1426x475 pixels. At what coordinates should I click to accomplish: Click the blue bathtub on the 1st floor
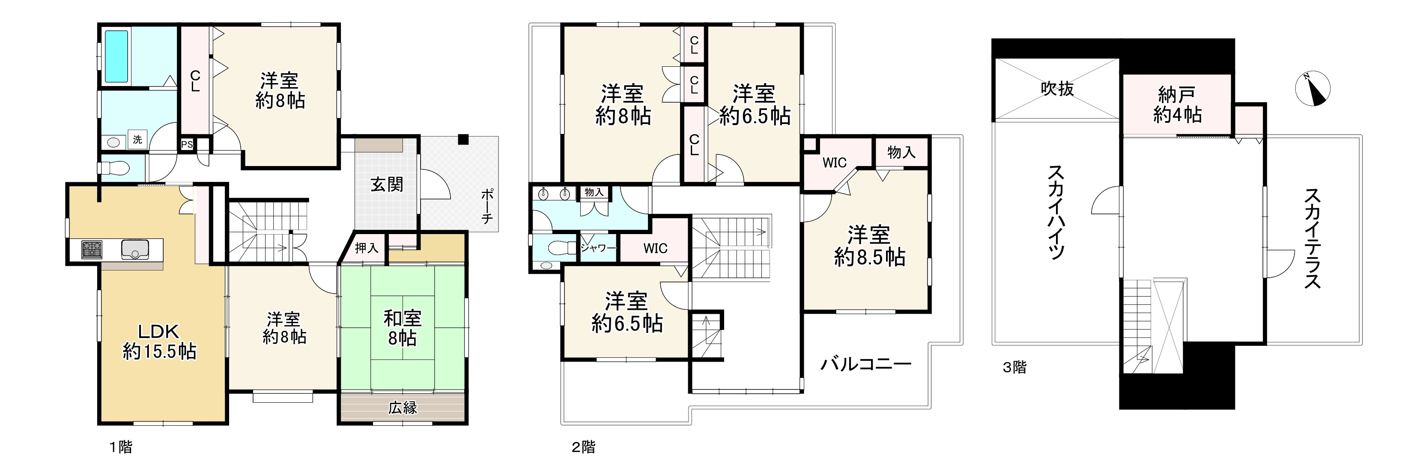point(116,56)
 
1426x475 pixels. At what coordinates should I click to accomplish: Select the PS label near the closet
point(187,145)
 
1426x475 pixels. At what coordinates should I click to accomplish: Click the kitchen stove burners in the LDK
point(92,249)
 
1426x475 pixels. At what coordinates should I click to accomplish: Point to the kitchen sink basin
point(134,249)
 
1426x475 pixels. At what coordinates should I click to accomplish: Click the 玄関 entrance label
point(386,184)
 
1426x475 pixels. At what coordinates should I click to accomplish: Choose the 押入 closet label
point(367,248)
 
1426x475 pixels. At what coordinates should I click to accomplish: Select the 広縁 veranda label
point(403,407)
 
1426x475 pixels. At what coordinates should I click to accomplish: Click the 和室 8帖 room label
point(403,327)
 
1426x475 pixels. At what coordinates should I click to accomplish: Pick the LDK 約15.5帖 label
point(159,341)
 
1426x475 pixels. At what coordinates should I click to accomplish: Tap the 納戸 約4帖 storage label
point(1177,104)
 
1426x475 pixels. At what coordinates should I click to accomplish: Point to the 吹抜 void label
point(1057,89)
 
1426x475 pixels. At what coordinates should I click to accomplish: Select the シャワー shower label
point(598,248)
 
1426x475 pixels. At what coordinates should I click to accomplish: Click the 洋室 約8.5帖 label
point(869,246)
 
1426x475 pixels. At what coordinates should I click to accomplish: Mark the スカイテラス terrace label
point(1313,238)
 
